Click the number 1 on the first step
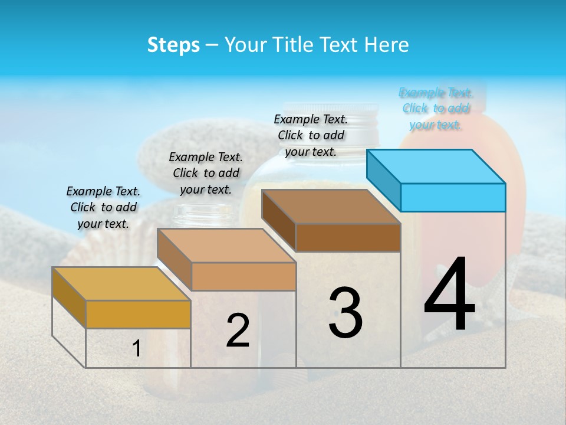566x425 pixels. pyautogui.click(x=137, y=349)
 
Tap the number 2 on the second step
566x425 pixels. pyautogui.click(x=238, y=331)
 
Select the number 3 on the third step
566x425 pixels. pyautogui.click(x=345, y=313)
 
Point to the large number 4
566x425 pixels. pyautogui.click(x=449, y=295)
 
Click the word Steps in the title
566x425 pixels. pyautogui.click(x=173, y=45)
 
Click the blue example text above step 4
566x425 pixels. pyautogui.click(x=436, y=109)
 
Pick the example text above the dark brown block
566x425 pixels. pyautogui.click(x=311, y=135)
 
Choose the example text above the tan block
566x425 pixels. pyautogui.click(x=206, y=173)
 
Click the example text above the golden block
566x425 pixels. pyautogui.click(x=103, y=207)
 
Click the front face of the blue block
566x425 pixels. pyautogui.click(x=453, y=197)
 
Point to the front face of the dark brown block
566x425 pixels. pyautogui.click(x=348, y=237)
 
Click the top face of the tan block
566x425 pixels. pyautogui.click(x=226, y=245)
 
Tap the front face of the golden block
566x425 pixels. pyautogui.click(x=138, y=314)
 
